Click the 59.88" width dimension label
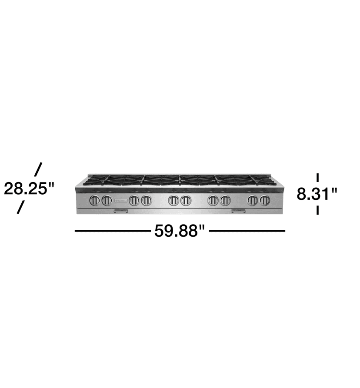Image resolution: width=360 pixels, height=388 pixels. [x=179, y=231]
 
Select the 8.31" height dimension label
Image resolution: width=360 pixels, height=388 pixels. [x=317, y=194]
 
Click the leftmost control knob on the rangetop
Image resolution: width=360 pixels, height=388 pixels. [x=95, y=200]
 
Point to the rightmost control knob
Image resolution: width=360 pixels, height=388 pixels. [x=264, y=200]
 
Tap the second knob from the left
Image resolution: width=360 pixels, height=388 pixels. [x=106, y=200]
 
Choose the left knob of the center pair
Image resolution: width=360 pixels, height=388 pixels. [x=173, y=200]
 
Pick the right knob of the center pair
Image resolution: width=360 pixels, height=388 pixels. [x=186, y=200]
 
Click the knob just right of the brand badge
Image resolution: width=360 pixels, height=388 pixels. [x=134, y=200]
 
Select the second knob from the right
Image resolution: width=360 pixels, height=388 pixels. [x=253, y=200]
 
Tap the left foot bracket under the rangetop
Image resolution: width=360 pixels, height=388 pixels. [x=121, y=211]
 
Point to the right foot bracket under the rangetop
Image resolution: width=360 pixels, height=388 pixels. [x=239, y=211]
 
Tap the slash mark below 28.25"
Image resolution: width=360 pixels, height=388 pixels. [x=20, y=207]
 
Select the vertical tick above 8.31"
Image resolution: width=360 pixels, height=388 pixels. [x=318, y=177]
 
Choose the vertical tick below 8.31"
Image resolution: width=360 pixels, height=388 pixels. [x=318, y=210]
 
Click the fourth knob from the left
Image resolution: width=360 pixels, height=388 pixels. [x=146, y=200]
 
